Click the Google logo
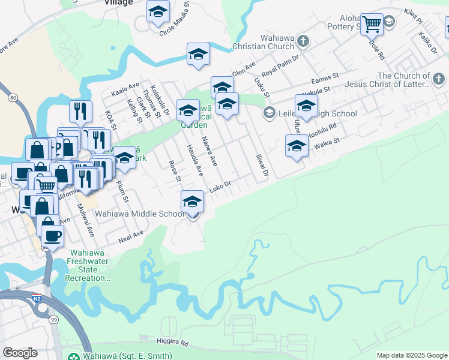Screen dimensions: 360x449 pyautogui.click(x=20, y=353)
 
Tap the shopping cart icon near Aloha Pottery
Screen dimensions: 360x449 pyautogui.click(x=372, y=25)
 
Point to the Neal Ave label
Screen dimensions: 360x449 pyautogui.click(x=131, y=236)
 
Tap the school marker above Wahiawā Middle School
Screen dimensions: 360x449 pyautogui.click(x=192, y=201)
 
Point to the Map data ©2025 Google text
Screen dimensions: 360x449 pyautogui.click(x=412, y=355)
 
